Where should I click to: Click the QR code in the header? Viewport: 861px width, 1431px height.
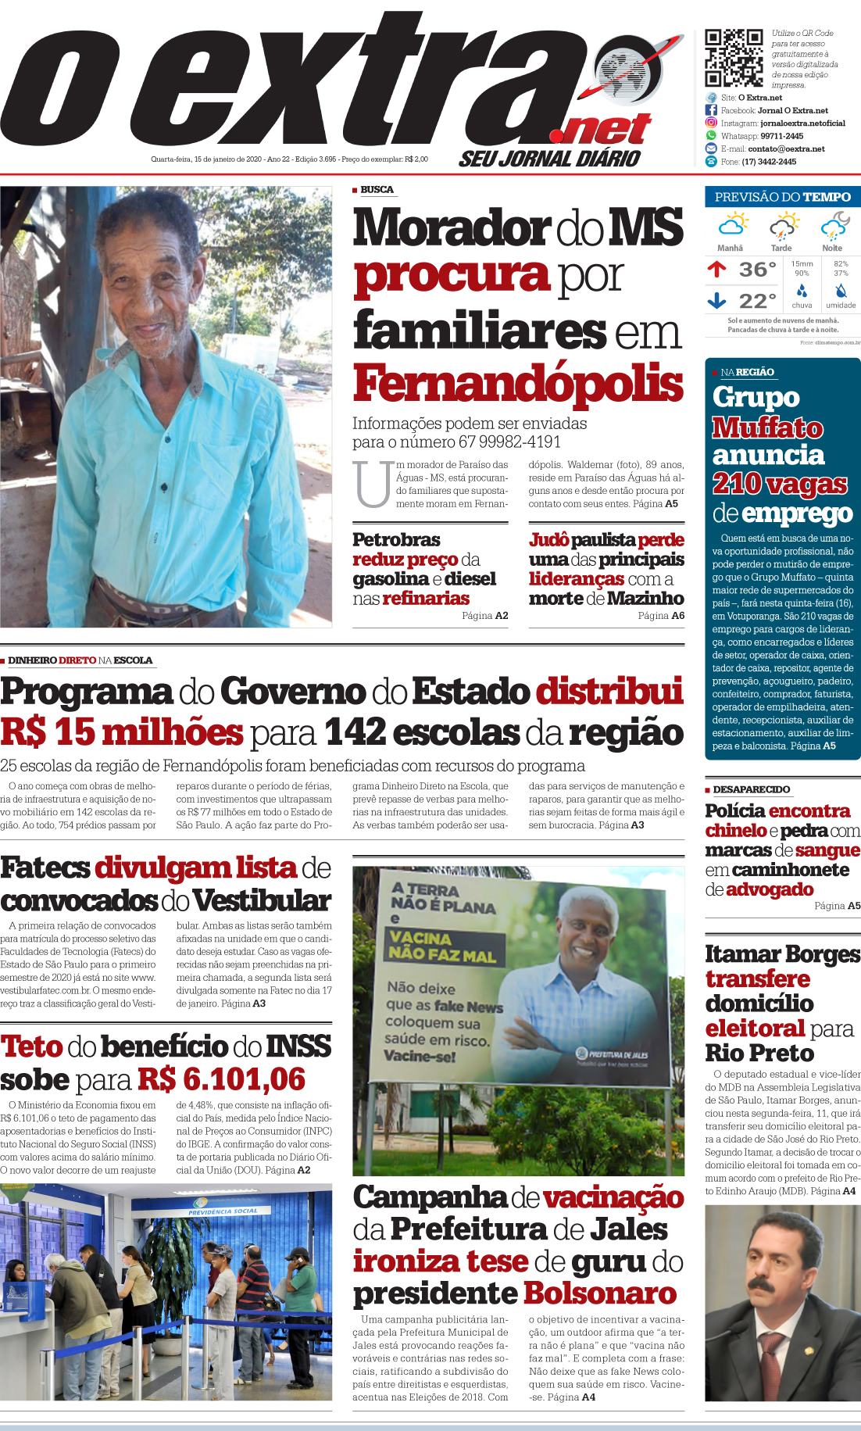tap(734, 58)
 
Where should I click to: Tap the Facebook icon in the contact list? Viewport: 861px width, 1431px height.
tap(711, 110)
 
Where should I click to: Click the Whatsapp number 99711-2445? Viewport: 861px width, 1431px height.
tap(781, 136)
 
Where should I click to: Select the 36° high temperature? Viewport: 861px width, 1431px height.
tap(757, 270)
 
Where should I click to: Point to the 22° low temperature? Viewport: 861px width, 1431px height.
tap(757, 301)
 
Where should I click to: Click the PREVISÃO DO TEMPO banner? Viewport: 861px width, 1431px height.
tap(782, 197)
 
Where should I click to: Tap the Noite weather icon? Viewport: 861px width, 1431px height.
tap(834, 226)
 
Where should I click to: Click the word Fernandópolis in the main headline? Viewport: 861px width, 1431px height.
tap(518, 384)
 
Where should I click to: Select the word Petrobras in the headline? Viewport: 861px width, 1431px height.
tap(396, 540)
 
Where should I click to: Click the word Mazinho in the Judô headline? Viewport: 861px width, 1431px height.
tap(645, 599)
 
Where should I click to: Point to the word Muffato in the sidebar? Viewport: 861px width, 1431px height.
tap(767, 428)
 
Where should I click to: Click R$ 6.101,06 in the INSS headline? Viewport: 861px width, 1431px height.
tap(221, 1080)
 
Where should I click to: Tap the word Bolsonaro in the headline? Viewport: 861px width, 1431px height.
tap(599, 1293)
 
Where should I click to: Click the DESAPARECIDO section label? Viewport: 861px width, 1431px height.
tap(751, 789)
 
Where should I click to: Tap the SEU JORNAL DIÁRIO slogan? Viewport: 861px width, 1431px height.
tap(549, 159)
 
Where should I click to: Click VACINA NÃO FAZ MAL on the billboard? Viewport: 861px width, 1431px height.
tap(441, 946)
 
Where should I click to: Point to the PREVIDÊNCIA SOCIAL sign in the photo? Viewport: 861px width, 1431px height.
tap(223, 1212)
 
